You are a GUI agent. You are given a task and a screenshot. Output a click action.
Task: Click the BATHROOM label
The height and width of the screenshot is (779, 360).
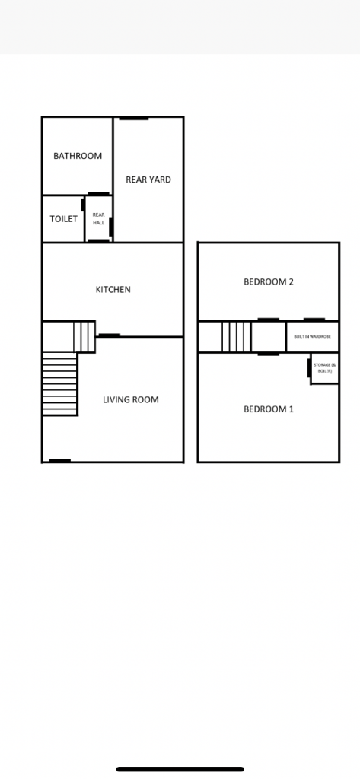pyautogui.click(x=78, y=156)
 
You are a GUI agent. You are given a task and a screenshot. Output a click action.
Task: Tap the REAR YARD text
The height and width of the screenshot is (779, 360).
pyautogui.click(x=148, y=180)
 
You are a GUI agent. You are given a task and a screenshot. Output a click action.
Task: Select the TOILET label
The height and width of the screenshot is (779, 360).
pyautogui.click(x=64, y=219)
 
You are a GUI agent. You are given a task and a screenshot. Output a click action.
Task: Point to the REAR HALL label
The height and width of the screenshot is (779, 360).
pyautogui.click(x=98, y=218)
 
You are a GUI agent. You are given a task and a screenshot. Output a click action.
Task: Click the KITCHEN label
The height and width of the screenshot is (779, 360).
pyautogui.click(x=113, y=290)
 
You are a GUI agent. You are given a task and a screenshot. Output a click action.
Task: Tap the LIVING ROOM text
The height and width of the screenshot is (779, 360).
pyautogui.click(x=131, y=399)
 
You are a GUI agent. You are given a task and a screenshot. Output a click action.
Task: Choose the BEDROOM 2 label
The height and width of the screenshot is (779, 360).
pyautogui.click(x=269, y=282)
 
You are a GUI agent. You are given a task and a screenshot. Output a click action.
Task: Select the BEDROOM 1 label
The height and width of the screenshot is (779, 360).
pyautogui.click(x=269, y=409)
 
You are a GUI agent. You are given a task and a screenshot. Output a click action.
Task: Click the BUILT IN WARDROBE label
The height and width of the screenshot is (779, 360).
pyautogui.click(x=312, y=337)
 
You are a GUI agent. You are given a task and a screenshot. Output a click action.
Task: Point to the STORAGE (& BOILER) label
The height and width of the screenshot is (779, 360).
pyautogui.click(x=325, y=368)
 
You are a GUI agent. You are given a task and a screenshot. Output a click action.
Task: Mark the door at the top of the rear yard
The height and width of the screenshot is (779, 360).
pyautogui.click(x=134, y=118)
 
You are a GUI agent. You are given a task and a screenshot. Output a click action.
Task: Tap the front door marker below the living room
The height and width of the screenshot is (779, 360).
pyautogui.click(x=59, y=461)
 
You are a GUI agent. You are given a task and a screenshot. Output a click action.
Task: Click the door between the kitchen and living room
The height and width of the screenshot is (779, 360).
pyautogui.click(x=109, y=335)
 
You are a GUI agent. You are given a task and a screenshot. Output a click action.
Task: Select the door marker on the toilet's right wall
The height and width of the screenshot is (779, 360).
pyautogui.click(x=82, y=204)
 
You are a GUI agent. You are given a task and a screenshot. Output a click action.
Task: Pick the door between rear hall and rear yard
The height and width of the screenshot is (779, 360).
pyautogui.click(x=111, y=227)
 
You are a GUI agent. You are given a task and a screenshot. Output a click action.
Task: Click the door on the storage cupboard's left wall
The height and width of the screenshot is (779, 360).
pyautogui.click(x=309, y=367)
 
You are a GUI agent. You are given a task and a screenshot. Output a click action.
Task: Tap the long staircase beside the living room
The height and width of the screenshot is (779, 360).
pyautogui.click(x=59, y=384)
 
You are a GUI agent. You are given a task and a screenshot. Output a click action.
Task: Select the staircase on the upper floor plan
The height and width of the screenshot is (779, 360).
pyautogui.click(x=236, y=337)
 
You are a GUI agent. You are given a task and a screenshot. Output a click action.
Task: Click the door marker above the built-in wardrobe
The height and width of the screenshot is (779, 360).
pyautogui.click(x=314, y=320)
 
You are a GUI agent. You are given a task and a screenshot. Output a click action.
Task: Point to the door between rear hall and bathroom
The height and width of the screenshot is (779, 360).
pyautogui.click(x=98, y=194)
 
